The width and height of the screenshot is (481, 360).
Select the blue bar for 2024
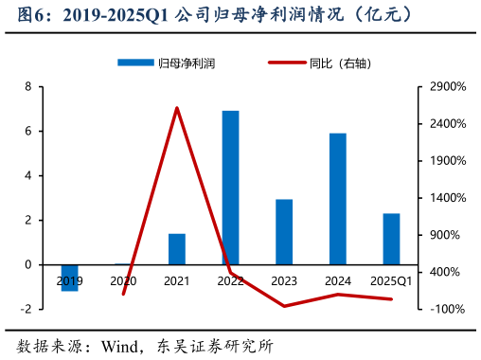[338, 199]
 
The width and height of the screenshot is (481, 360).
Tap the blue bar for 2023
[284, 231]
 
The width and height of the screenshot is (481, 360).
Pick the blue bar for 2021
[177, 248]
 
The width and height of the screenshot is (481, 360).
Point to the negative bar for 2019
[69, 278]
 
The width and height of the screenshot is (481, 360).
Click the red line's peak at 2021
[177, 108]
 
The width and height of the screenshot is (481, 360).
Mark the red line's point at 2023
[284, 306]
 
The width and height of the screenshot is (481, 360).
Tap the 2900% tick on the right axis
[448, 87]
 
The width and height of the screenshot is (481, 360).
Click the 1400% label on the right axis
[448, 198]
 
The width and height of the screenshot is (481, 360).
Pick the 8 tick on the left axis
[28, 87]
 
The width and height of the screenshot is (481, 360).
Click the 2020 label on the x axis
[123, 281]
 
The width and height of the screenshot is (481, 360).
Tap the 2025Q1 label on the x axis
[391, 281]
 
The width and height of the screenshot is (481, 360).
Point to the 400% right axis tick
[448, 272]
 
